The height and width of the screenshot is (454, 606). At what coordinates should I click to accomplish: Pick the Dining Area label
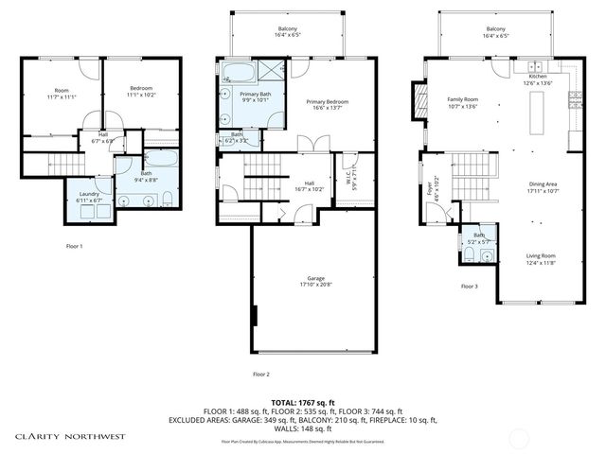pyautogui.click(x=545, y=188)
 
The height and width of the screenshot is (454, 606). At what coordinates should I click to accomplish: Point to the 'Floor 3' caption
pyautogui.click(x=469, y=286)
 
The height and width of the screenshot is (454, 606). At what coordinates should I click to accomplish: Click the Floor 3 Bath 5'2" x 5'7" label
pyautogui.click(x=478, y=238)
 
